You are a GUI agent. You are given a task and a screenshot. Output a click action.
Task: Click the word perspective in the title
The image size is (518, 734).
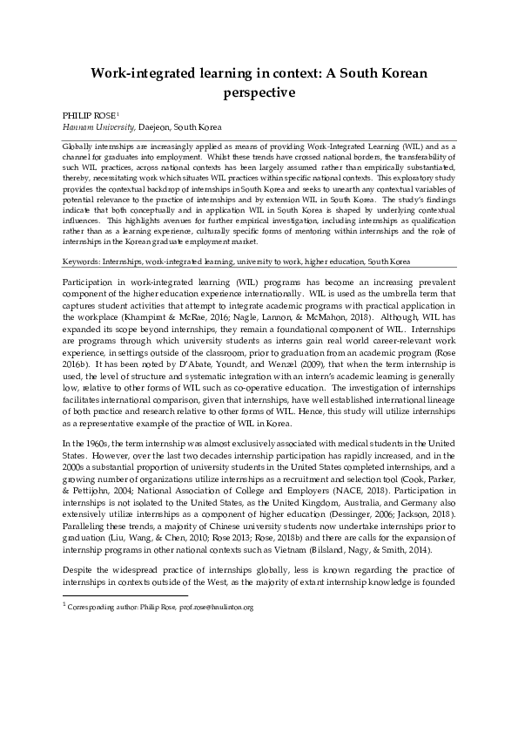pyautogui.click(x=259, y=90)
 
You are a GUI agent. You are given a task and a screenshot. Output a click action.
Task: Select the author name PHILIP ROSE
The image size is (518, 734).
pyautogui.click(x=90, y=115)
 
